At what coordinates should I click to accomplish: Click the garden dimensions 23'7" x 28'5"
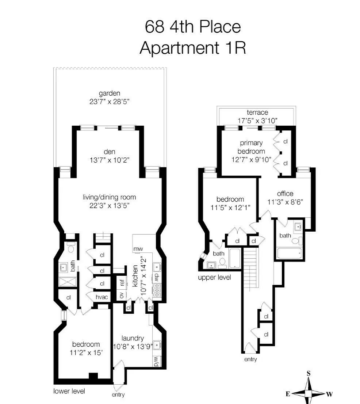109,102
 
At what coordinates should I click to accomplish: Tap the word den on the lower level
109,152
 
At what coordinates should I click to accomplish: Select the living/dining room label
109,197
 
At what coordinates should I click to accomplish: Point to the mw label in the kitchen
138,249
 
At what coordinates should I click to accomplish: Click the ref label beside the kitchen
122,282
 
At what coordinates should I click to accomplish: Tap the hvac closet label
102,297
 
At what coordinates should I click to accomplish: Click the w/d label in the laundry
156,362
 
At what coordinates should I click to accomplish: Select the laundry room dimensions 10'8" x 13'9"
133,347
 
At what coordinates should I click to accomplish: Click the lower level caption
69,391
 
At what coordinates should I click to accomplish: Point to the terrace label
257,113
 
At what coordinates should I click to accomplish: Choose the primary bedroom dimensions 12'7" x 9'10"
251,160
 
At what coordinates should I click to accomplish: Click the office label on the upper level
285,194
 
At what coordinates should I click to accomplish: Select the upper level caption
215,278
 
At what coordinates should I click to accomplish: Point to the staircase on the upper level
250,268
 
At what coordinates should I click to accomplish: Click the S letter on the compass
309,373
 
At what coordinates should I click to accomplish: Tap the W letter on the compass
329,394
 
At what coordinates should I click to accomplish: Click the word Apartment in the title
179,48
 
